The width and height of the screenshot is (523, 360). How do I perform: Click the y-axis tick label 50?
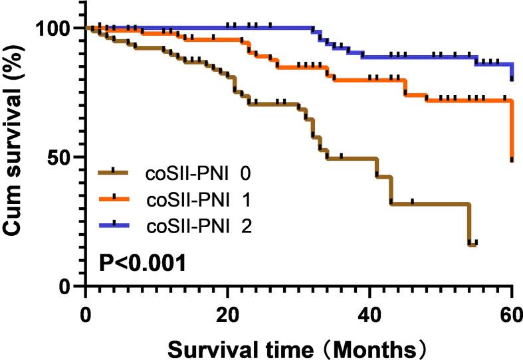tap(62, 157)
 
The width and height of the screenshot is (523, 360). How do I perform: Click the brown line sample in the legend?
tap(114, 171)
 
